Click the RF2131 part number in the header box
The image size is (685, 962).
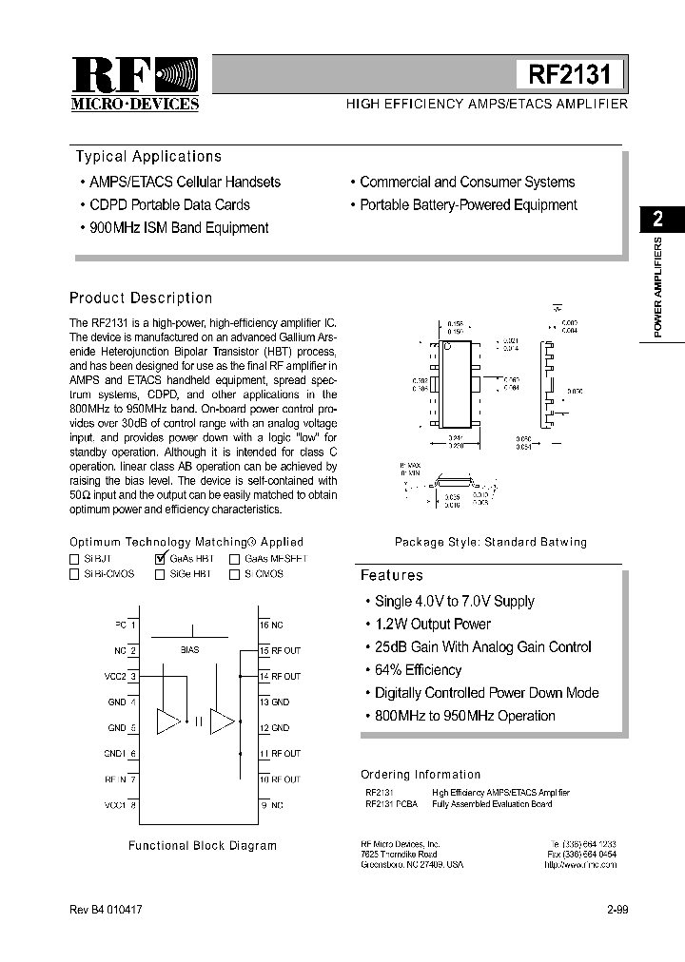point(569,74)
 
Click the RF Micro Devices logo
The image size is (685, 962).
point(135,84)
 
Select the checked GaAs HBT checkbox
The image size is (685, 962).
point(160,559)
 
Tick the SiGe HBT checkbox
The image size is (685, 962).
point(159,574)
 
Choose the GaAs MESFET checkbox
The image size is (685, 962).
point(234,559)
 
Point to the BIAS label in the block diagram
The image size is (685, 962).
point(189,650)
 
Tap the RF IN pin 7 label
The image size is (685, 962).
point(121,779)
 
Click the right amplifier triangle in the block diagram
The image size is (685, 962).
point(222,721)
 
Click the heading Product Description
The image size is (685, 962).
point(141,298)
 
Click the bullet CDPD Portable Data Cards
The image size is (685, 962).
point(169,204)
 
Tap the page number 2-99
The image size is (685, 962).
point(616,910)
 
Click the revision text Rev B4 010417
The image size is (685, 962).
point(106,910)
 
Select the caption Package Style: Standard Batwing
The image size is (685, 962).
point(491,542)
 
